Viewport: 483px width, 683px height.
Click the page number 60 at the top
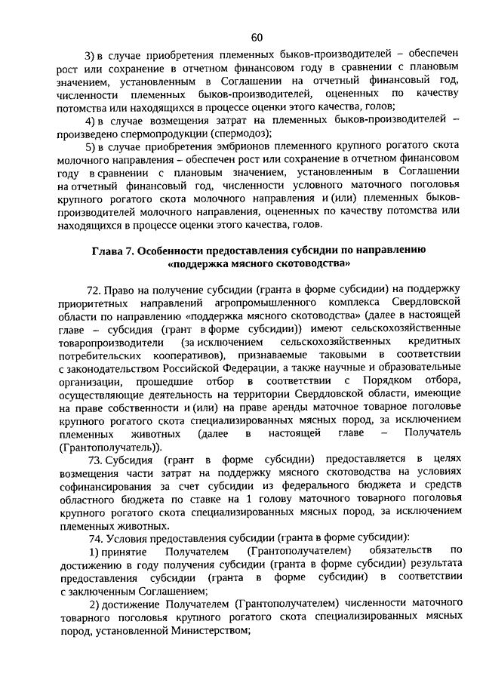pos(257,38)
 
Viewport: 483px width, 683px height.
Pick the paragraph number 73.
pos(96,459)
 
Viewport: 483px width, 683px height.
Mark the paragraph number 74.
pos(96,537)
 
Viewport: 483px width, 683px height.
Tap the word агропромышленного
pos(213,303)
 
